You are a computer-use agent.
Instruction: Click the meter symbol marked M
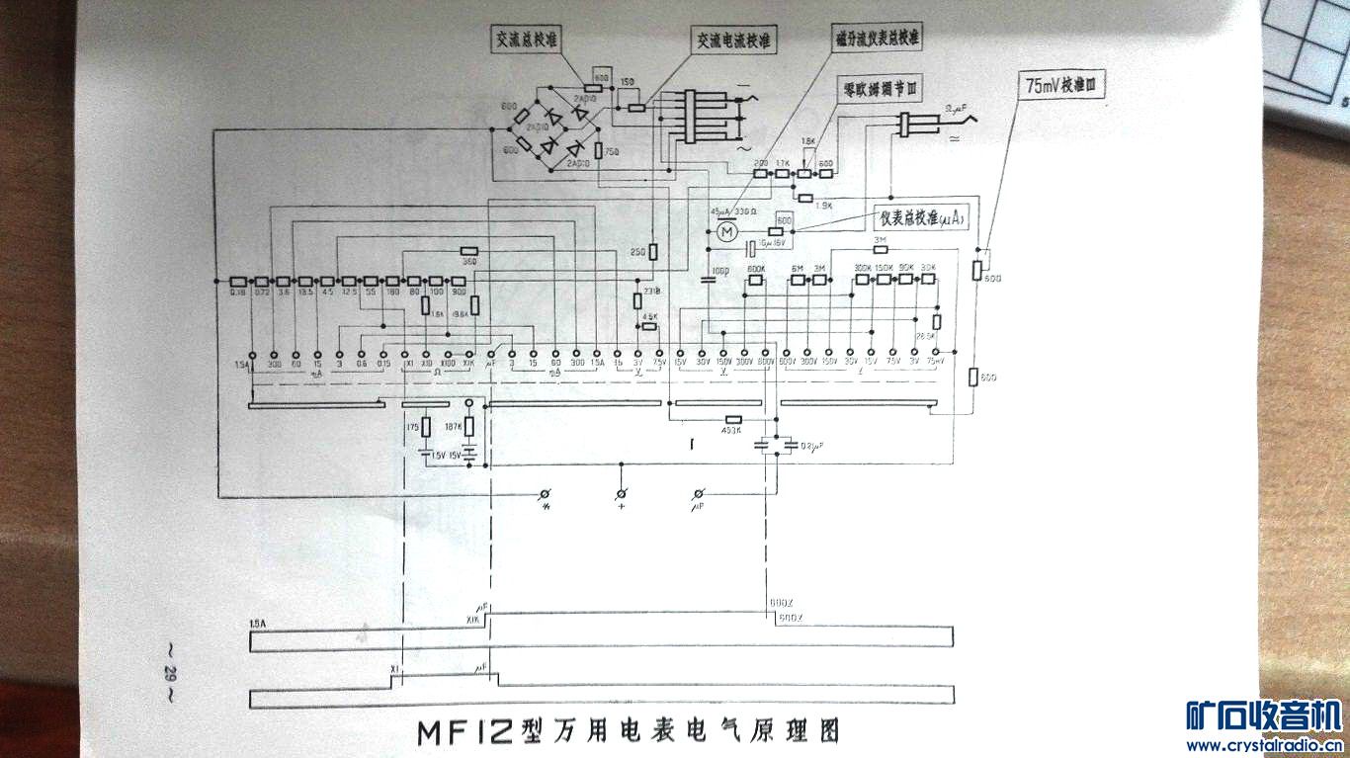click(x=726, y=231)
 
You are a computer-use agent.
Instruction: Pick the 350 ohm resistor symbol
click(x=469, y=252)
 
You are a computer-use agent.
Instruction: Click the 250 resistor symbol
click(x=653, y=253)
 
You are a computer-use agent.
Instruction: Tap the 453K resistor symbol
click(x=732, y=418)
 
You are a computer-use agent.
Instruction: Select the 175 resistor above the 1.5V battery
click(x=426, y=427)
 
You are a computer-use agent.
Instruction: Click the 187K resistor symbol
click(x=470, y=427)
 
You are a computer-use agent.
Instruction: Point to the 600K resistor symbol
click(x=756, y=280)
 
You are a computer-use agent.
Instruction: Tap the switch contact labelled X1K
click(x=470, y=353)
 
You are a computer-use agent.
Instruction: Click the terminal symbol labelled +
click(x=621, y=492)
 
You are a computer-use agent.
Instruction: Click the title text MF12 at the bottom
click(x=464, y=732)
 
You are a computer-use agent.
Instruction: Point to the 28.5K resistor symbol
click(x=936, y=321)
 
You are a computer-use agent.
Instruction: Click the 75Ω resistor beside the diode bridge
click(x=599, y=150)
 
